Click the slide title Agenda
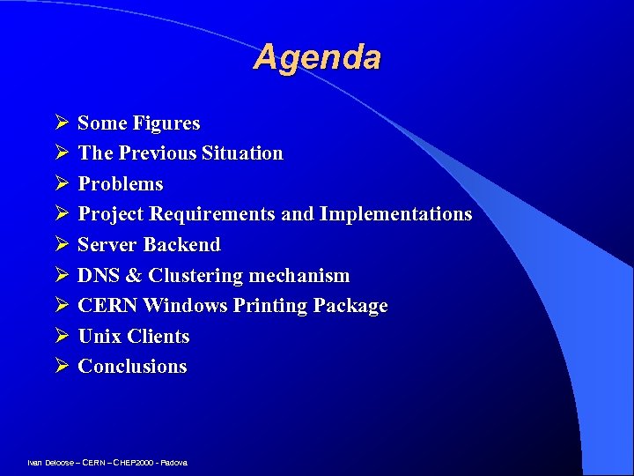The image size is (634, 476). coord(317,57)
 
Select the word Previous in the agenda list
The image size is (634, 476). coord(158,153)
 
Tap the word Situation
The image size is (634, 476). coord(242,153)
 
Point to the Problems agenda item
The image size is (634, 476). coord(121,184)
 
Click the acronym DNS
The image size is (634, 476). coord(99,276)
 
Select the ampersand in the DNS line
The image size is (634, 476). coord(134,276)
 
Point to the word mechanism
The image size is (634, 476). coord(299,276)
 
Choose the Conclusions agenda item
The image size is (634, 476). coord(132,367)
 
